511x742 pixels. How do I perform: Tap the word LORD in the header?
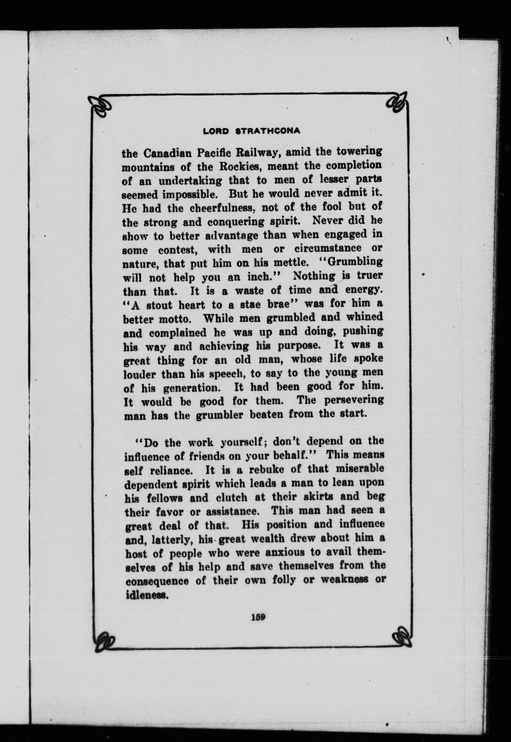point(216,131)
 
